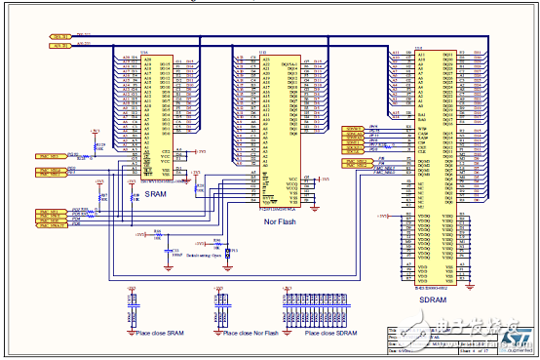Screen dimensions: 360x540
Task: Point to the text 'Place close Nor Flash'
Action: pos(251,334)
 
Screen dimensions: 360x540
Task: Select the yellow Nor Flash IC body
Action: pos(278,127)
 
